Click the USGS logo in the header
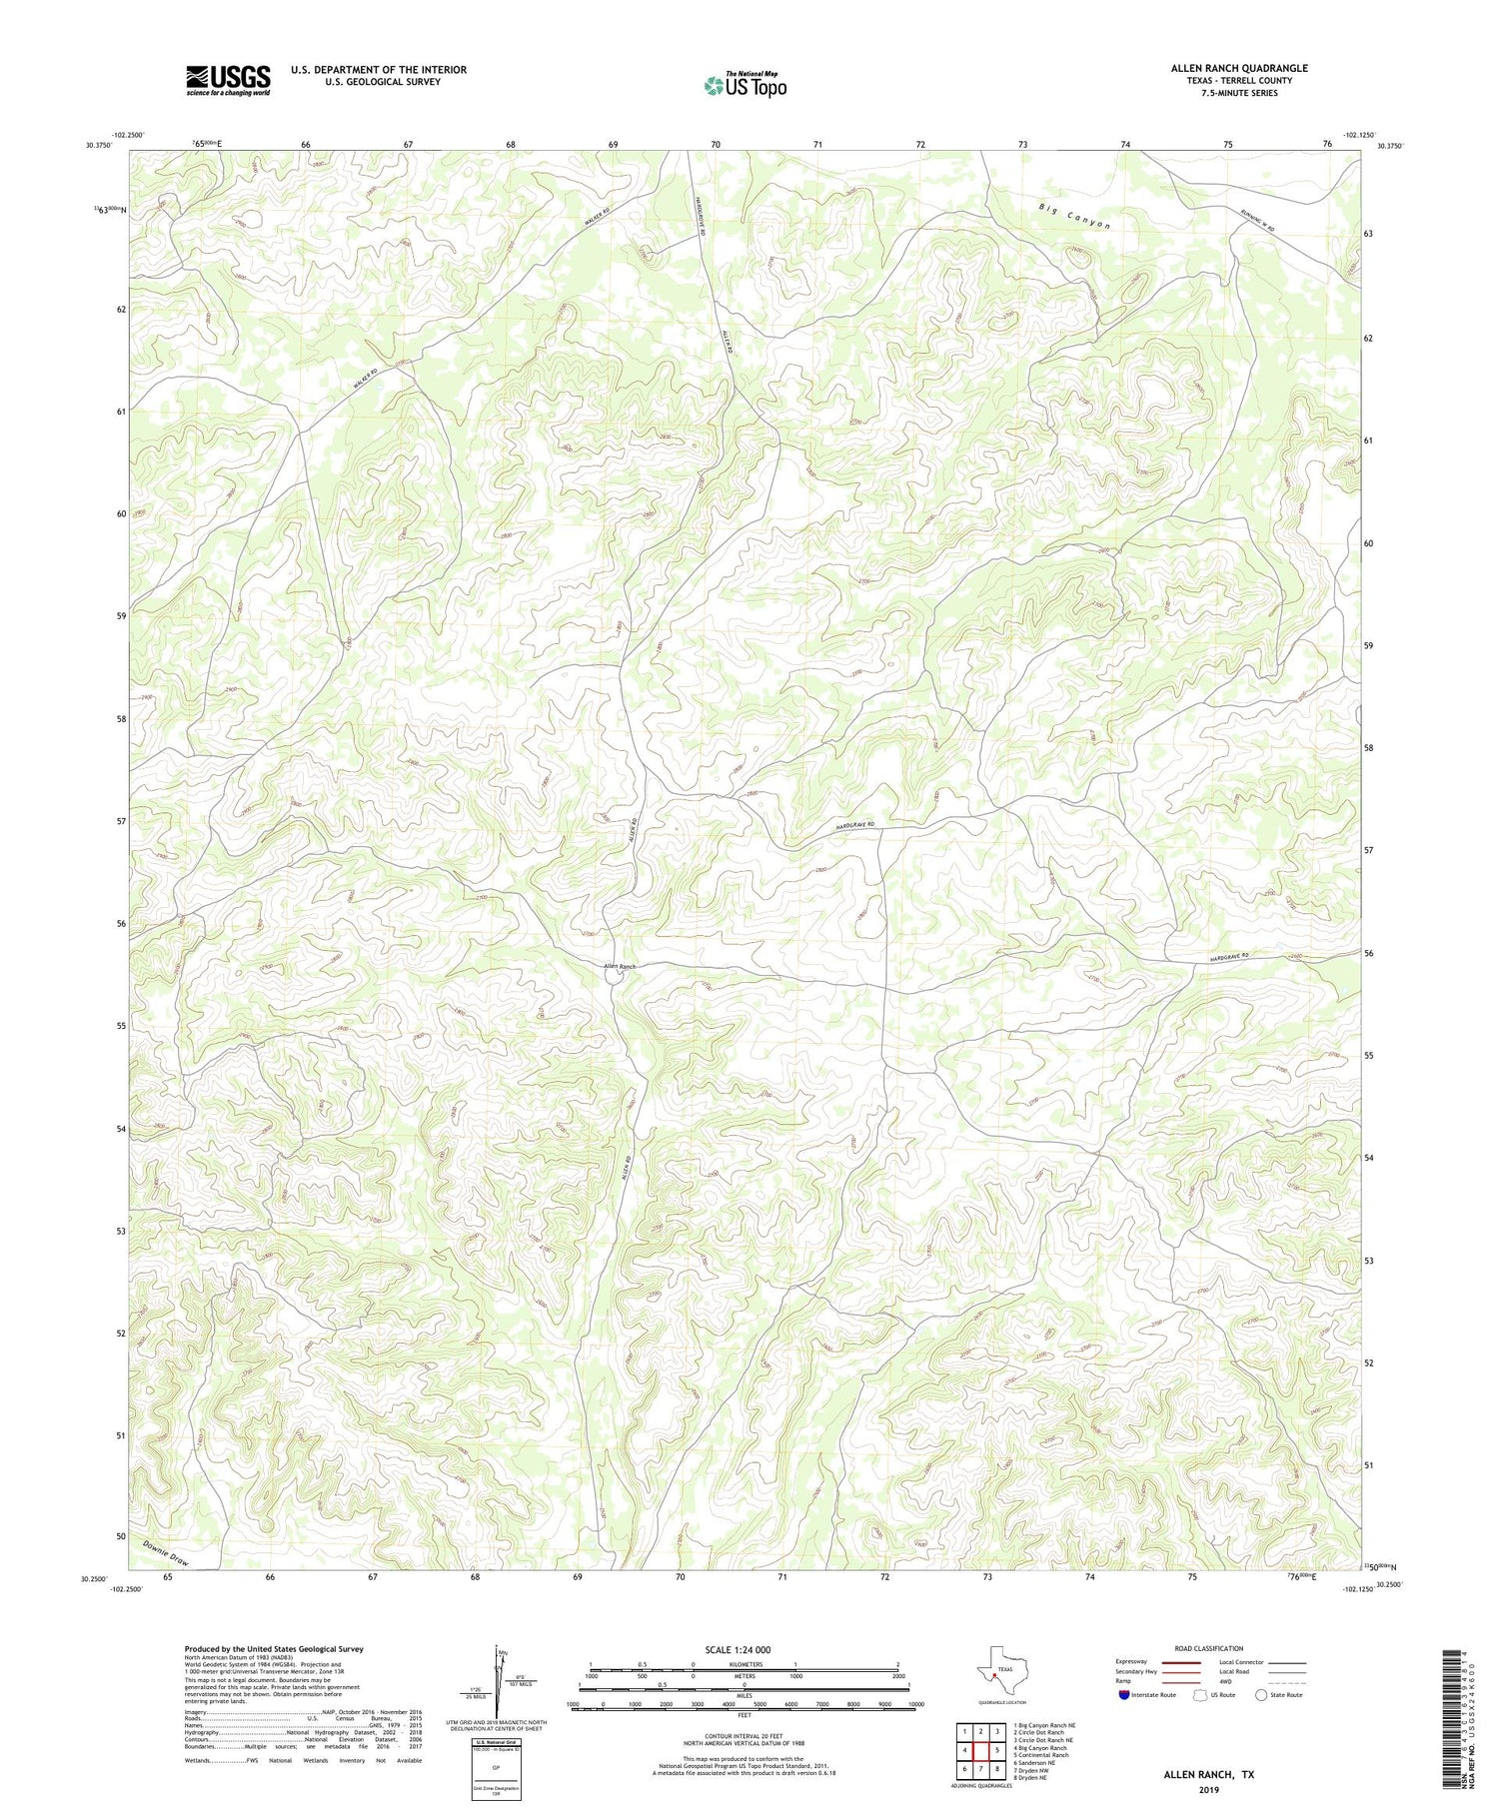point(228,80)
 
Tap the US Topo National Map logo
point(745,85)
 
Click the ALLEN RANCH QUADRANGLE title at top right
point(1238,68)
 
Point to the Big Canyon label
point(1074,217)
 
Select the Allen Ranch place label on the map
point(620,967)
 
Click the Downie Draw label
point(166,1551)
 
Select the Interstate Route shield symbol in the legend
point(1124,1695)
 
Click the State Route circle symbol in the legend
point(1261,1695)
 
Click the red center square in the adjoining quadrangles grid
point(980,1750)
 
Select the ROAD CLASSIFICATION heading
point(1209,1649)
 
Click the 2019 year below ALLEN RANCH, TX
point(1208,1789)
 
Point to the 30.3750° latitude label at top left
point(99,146)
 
